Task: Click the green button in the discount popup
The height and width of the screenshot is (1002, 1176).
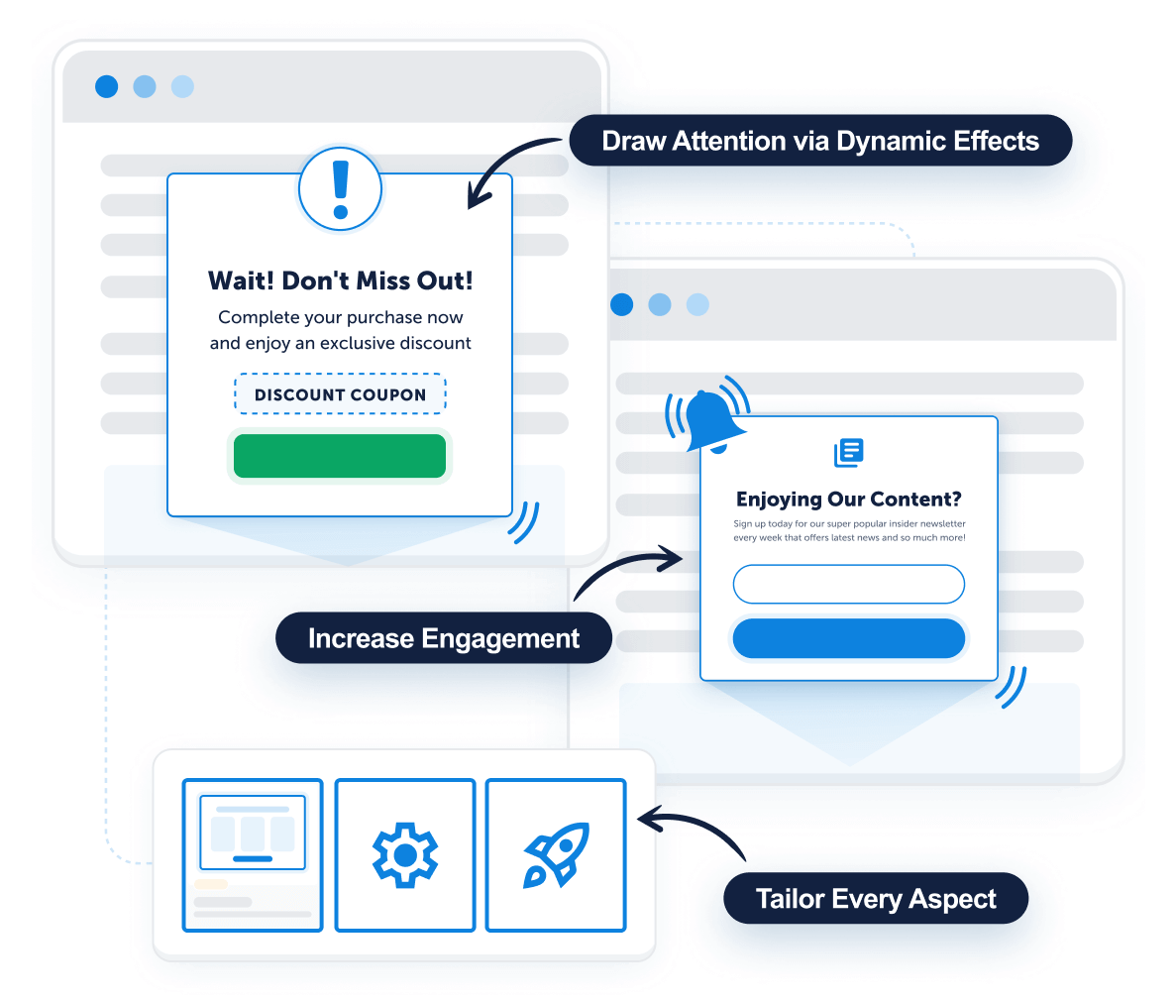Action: tap(340, 456)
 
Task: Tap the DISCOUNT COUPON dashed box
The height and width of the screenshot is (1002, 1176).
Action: tap(340, 394)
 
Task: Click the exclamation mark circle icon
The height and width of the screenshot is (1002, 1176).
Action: tap(340, 188)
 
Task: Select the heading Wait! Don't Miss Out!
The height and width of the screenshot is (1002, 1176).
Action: tap(340, 280)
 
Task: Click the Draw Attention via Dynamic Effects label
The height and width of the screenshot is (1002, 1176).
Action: tap(820, 141)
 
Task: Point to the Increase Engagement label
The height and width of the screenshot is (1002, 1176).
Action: tap(443, 638)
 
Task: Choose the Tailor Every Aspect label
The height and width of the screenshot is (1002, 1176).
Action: tap(876, 899)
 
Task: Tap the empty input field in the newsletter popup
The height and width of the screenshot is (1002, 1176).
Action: tap(848, 584)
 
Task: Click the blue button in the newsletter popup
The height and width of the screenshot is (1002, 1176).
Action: tap(848, 639)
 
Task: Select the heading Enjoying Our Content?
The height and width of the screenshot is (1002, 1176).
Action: tap(848, 500)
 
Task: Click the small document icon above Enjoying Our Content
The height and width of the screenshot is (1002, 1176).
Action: tap(849, 452)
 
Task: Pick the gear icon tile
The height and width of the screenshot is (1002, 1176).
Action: tap(404, 854)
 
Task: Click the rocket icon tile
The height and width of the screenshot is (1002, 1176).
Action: tap(556, 854)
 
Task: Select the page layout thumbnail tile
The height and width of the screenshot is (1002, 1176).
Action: tap(253, 854)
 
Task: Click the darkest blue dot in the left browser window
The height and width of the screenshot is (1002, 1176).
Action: tap(106, 86)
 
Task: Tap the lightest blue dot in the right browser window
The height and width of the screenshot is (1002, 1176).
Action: tap(697, 304)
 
